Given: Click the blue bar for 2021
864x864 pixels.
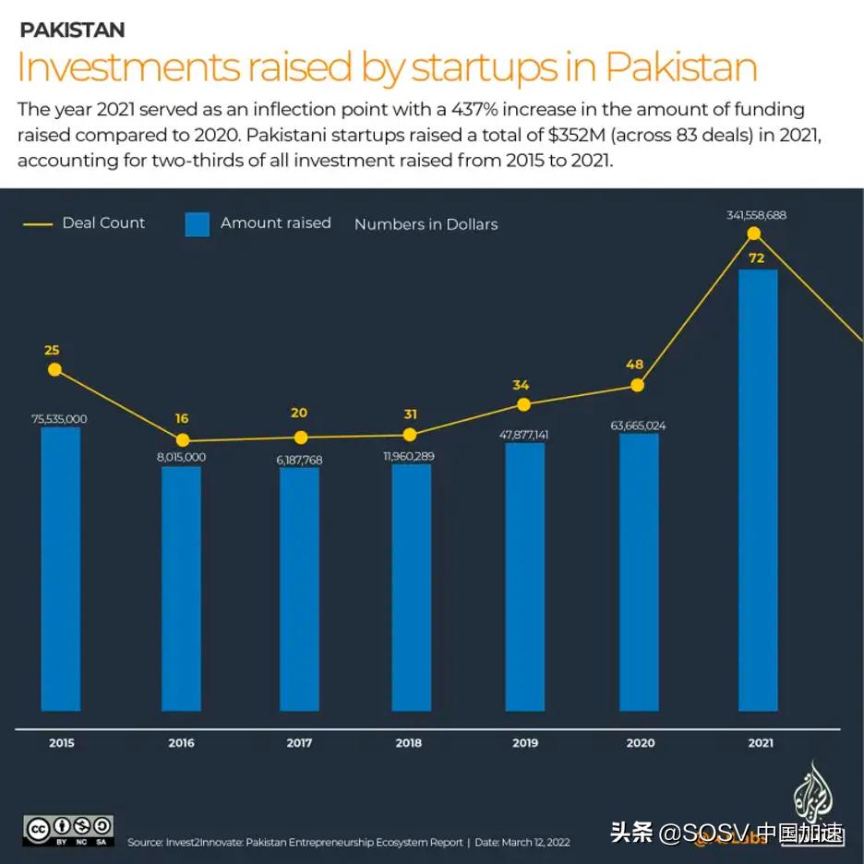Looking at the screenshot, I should (757, 489).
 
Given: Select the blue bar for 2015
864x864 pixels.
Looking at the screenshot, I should (61, 568).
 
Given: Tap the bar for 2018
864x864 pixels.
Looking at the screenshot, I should (411, 586).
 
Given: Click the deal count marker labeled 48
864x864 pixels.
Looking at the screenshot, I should (636, 385).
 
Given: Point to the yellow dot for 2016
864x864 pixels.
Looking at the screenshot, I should (182, 440).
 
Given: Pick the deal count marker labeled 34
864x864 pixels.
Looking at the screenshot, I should (523, 404).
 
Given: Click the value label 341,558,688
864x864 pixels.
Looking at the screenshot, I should (756, 215).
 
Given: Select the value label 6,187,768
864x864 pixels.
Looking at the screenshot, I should (299, 459).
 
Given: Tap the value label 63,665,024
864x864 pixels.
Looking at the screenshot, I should (638, 426).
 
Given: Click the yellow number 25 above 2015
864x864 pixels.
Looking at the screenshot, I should (52, 350).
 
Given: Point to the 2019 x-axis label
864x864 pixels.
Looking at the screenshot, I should (525, 743).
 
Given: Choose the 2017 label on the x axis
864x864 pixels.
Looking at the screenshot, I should (299, 743).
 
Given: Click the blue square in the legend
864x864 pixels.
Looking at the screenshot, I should (197, 224).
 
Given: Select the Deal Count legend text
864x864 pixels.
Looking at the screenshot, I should (103, 222).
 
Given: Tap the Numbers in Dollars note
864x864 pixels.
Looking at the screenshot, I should (426, 224).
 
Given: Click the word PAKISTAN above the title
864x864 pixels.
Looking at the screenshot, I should (72, 30).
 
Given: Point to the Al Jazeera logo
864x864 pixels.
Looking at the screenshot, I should (810, 795).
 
